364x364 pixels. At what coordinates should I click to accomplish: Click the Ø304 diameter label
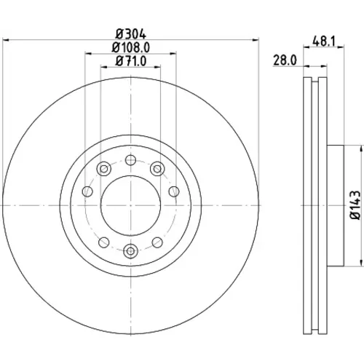pos(131,34)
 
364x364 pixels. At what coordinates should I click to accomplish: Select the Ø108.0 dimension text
pos(131,47)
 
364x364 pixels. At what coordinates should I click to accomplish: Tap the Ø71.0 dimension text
pos(131,61)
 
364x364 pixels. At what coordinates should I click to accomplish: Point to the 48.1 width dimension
pos(324,41)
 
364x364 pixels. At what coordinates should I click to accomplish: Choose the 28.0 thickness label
pos(285,60)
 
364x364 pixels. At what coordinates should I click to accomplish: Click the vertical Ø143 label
pos(356,205)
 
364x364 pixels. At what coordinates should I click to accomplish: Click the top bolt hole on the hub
pos(130,160)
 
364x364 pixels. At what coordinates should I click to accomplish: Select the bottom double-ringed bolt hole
pos(130,251)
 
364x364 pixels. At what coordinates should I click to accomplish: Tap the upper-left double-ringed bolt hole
pos(104,169)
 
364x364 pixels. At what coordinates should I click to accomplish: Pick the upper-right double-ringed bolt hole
pos(157,169)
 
